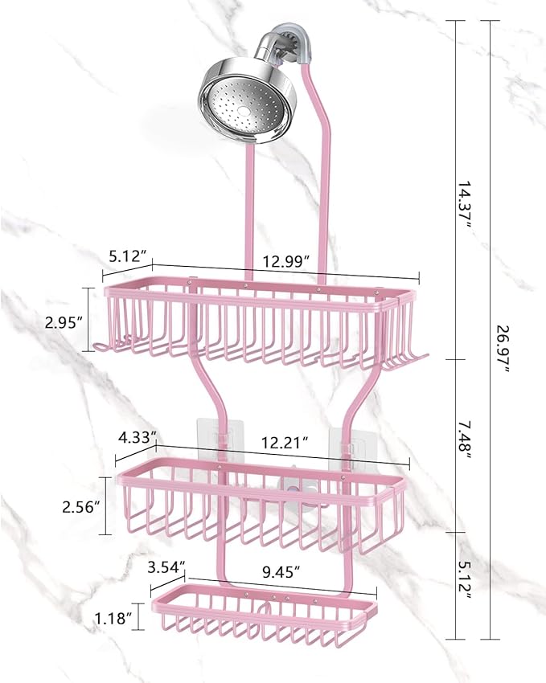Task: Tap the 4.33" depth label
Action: click(137, 437)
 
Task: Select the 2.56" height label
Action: click(80, 506)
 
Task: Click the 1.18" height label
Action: click(113, 617)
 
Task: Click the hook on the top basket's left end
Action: click(101, 347)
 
